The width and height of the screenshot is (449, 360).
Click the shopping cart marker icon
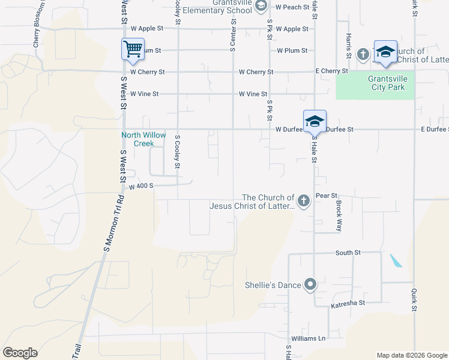coord(133,49)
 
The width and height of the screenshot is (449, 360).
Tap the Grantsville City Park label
coord(378,83)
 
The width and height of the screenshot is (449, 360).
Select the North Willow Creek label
coord(144,139)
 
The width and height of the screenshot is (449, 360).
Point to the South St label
coord(348,253)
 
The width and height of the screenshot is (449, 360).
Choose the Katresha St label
coord(348,304)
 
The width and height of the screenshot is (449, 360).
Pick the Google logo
coord(20,353)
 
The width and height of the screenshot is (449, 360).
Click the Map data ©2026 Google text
coord(411,355)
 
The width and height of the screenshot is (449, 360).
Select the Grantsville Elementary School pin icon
coord(261,6)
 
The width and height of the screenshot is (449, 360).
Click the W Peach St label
coord(292,7)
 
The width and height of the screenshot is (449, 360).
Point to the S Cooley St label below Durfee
coord(178,151)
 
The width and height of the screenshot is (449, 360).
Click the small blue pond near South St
coord(396,260)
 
